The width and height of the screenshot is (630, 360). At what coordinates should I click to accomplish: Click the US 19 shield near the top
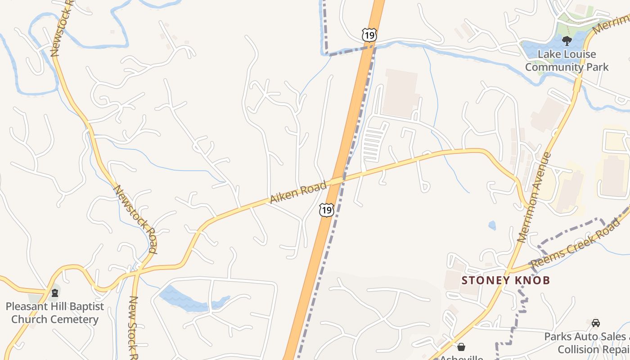coord(369,35)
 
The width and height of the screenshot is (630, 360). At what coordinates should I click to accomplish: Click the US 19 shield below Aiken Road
coord(327,210)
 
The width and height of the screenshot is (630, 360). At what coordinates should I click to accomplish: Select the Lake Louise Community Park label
coord(567,61)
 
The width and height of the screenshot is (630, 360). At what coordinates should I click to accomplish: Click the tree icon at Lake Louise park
coord(567,41)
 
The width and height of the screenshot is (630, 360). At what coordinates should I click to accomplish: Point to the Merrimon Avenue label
coord(535,197)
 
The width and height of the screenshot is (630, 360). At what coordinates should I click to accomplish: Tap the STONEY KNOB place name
coord(506,280)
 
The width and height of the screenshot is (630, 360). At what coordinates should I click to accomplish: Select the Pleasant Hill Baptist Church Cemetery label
coord(54,313)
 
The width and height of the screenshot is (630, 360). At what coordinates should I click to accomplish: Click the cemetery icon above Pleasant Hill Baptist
coord(55,293)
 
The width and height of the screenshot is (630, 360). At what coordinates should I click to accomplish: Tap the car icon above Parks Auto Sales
coord(596,323)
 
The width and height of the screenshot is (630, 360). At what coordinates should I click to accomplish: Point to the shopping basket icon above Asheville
coord(461,347)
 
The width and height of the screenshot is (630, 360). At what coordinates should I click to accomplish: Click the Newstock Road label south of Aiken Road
coord(135,219)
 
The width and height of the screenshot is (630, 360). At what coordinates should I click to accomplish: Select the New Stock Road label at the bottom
coord(133,326)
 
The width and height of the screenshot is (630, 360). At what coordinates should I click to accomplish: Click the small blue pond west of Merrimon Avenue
coord(492,225)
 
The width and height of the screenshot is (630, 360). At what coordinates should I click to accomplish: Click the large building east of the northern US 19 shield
coord(400,92)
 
